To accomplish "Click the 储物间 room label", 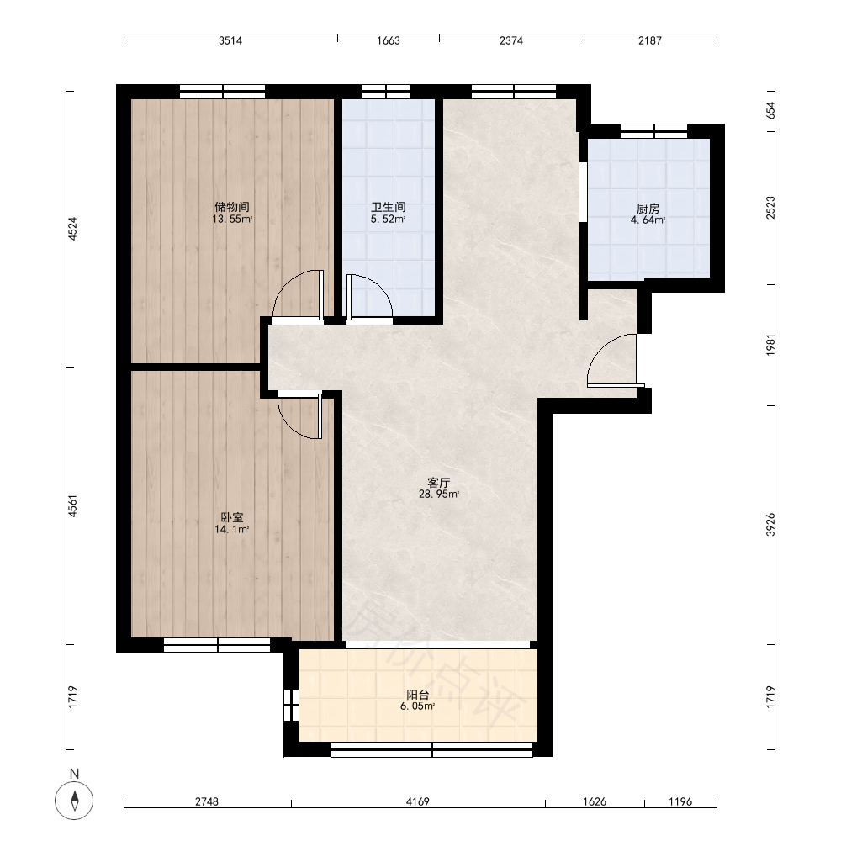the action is click(232, 207).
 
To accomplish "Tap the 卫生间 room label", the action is click(389, 207).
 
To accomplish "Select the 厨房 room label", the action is click(648, 209).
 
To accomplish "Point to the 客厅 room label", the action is click(439, 483).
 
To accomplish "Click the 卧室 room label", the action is click(232, 517).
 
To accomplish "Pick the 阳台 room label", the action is click(417, 695).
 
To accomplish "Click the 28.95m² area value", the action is click(439, 495).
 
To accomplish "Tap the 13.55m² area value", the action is click(232, 219).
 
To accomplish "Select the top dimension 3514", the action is click(230, 40).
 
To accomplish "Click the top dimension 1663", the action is click(389, 40).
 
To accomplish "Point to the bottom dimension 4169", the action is click(417, 801).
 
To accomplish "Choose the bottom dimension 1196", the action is click(680, 801).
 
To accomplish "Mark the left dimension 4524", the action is click(72, 229).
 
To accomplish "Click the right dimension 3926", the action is click(770, 525).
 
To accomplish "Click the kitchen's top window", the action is click(653, 131).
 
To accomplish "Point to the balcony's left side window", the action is click(291, 704).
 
